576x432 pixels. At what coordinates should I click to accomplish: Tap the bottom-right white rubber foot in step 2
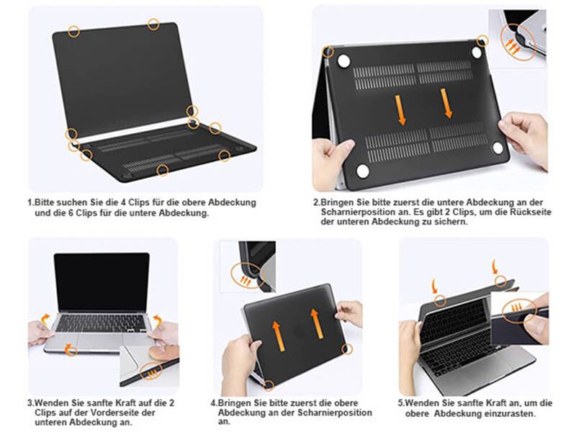pyautogui.click(x=498, y=148)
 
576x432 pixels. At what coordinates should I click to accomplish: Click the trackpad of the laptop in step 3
pyautogui.click(x=101, y=341)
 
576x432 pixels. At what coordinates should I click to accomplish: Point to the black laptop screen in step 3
pyautogui.click(x=102, y=282)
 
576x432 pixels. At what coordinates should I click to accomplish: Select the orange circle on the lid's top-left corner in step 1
pyautogui.click(x=73, y=30)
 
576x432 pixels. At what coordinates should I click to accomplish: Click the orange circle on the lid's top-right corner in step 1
pyautogui.click(x=153, y=24)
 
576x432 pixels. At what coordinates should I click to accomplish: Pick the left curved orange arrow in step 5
pyautogui.click(x=434, y=286)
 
